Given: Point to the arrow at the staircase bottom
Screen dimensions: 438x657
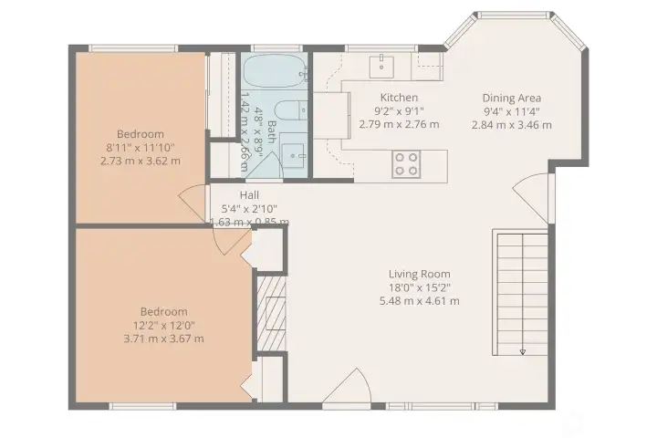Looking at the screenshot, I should click(524, 351).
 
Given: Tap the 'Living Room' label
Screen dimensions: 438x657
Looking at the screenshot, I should click(419, 274).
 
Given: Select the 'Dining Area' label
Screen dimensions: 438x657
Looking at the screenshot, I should click(512, 99).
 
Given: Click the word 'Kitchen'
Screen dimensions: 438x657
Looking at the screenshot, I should click(399, 98).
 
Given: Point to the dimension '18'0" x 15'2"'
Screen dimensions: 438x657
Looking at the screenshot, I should click(419, 287).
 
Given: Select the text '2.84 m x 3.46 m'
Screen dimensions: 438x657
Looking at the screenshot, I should click(512, 125).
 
